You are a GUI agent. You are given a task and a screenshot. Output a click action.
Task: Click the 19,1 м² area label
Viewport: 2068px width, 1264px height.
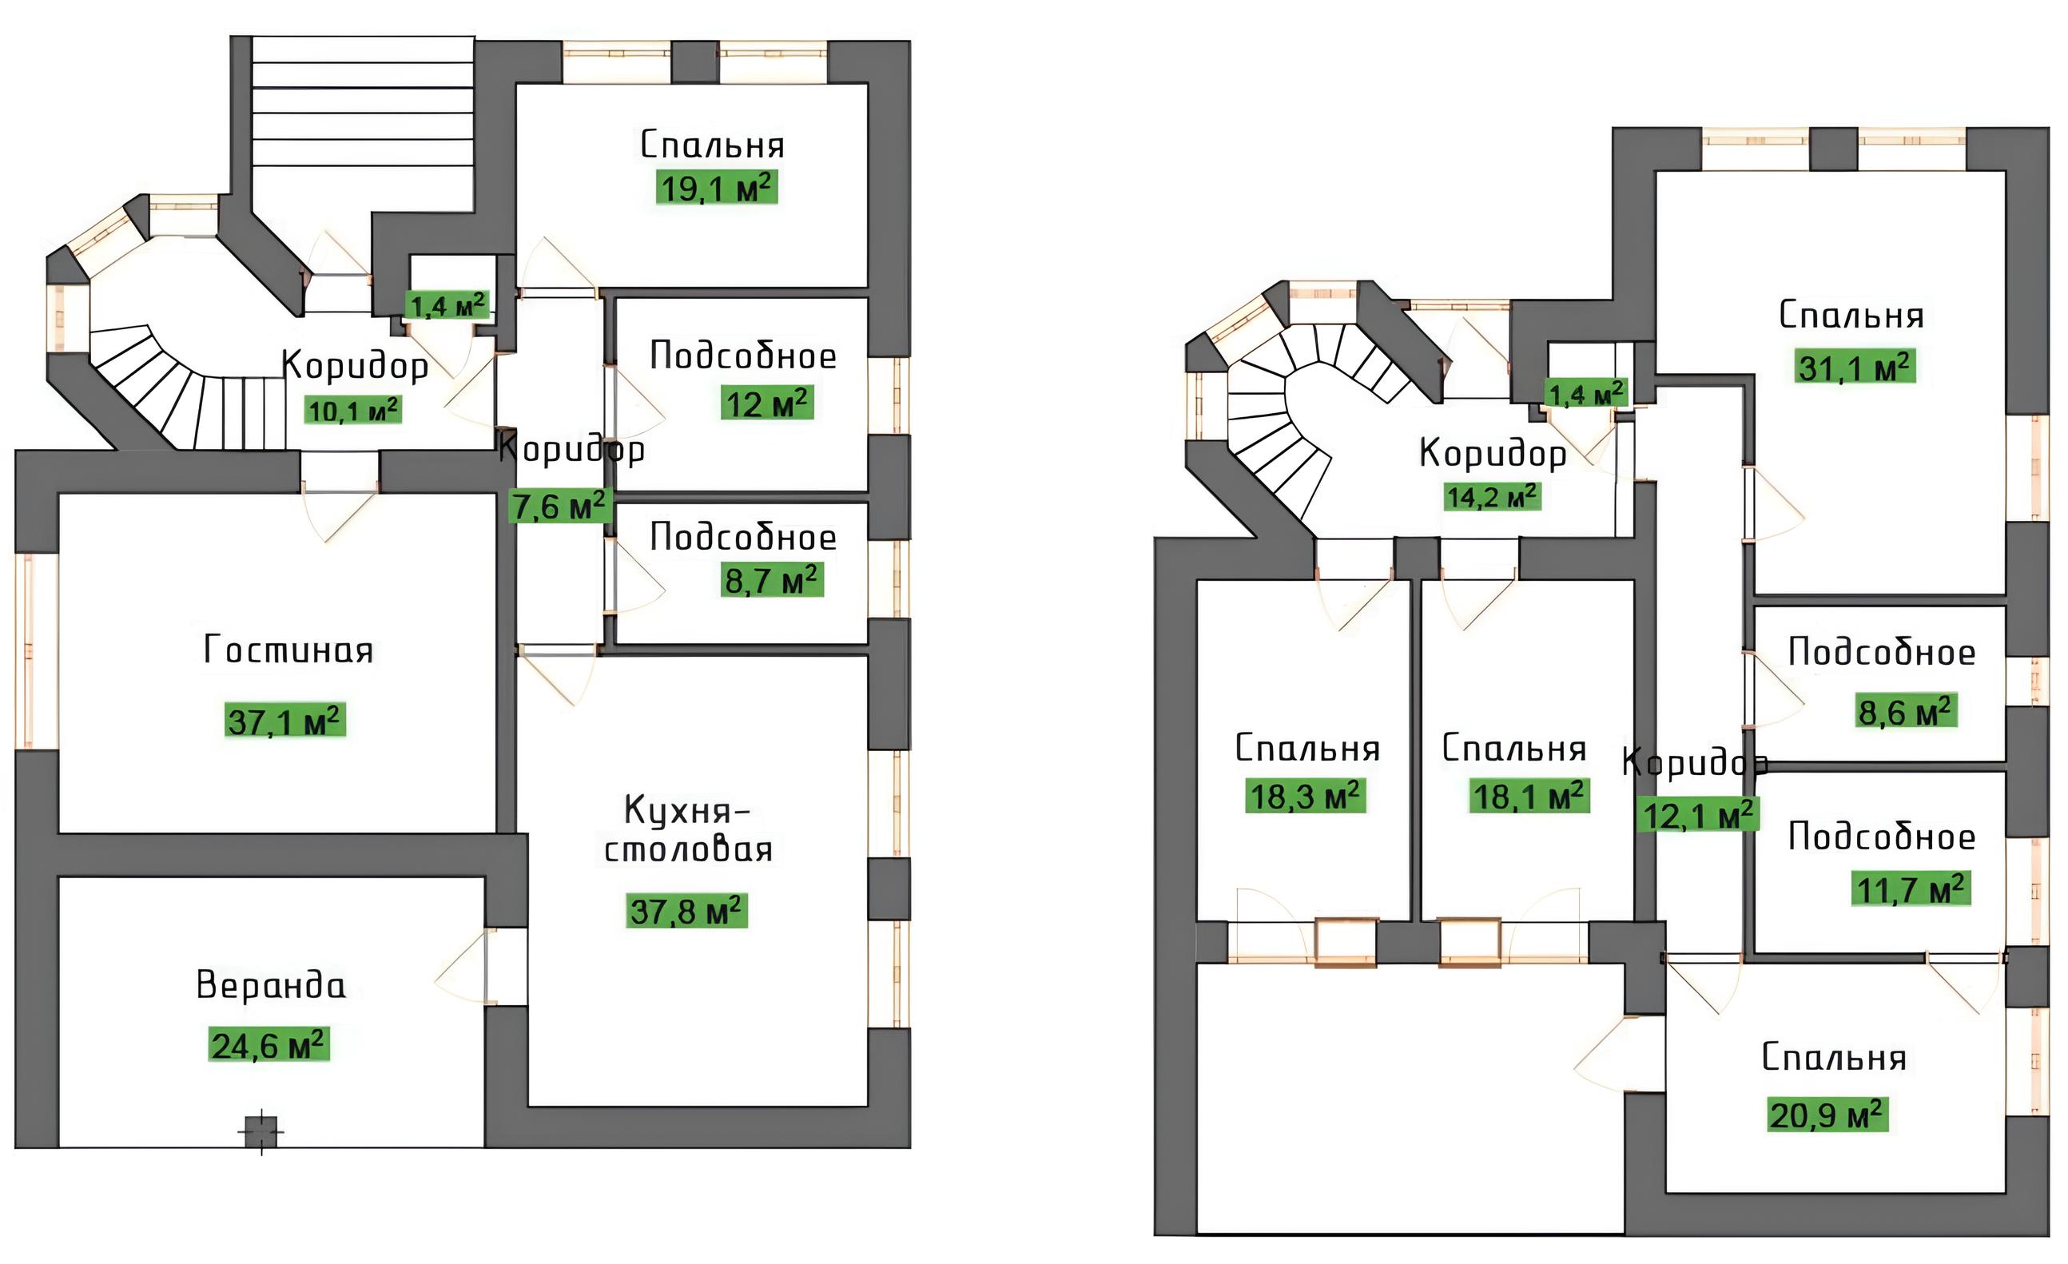717,188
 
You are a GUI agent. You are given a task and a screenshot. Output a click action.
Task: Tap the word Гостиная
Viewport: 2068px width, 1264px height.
288,650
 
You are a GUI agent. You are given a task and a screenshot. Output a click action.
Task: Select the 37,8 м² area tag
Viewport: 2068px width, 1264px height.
686,911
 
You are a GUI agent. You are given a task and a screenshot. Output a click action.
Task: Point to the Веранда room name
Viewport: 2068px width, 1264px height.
270,984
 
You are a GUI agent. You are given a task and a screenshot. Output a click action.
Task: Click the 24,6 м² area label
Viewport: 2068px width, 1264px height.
268,1045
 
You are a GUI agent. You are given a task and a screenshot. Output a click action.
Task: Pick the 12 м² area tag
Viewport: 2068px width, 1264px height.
767,403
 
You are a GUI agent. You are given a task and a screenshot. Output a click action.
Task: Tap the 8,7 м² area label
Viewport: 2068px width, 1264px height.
772,579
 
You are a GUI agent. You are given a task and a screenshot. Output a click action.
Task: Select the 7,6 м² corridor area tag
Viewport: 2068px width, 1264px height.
560,506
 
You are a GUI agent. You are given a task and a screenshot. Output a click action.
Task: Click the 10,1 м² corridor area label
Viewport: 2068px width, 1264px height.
354,410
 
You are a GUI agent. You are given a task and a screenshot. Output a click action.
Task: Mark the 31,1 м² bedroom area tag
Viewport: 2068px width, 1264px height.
1855,367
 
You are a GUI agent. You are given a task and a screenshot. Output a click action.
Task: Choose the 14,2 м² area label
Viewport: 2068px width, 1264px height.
1492,497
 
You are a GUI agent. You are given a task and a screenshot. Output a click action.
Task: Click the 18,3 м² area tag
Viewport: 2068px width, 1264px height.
1305,796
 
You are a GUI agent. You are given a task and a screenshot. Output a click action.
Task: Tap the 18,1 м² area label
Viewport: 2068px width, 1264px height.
1529,796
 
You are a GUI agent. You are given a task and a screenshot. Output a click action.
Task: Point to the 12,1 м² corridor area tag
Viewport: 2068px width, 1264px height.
1698,814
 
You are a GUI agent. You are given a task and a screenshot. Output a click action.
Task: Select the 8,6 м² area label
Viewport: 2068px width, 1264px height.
1907,711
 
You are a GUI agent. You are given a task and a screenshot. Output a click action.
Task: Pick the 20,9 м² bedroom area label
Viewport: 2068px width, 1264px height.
1828,1115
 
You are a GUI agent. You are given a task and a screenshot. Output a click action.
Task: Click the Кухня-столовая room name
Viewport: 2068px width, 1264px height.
688,829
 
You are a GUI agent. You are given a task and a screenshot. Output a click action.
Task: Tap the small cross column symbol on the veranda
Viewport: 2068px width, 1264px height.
261,1131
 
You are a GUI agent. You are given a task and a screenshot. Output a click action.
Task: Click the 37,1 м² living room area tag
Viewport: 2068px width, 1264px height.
285,720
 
